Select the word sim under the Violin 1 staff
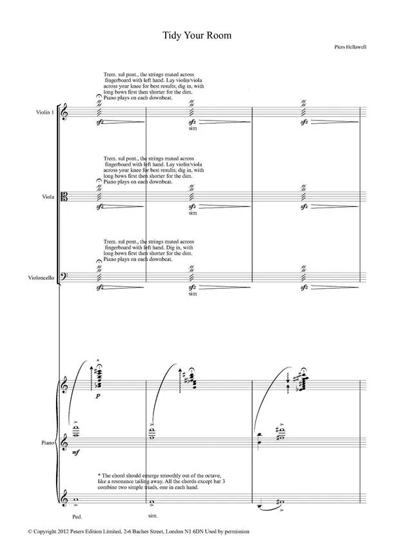(x=192, y=129)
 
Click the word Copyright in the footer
(x=49, y=532)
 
